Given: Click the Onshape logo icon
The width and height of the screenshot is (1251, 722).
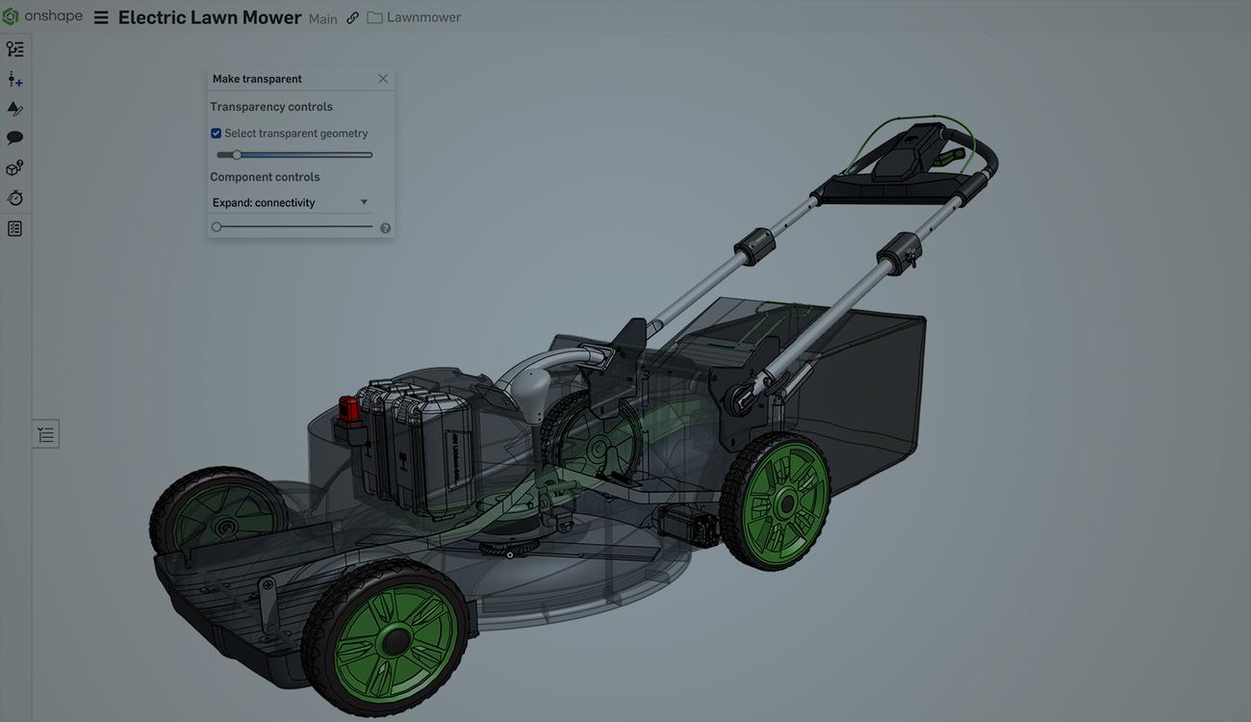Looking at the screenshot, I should point(11,16).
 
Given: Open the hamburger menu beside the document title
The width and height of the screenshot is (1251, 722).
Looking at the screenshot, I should point(100,17).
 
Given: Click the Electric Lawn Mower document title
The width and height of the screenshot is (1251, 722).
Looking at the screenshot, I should point(209,17).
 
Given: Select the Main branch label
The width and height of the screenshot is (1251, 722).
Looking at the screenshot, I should point(322,19).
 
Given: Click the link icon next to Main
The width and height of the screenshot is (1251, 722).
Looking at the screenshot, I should point(352,18).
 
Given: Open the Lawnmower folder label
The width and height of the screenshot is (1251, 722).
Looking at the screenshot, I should point(422,17).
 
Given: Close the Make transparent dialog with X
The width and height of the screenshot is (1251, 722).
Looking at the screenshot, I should point(383,79).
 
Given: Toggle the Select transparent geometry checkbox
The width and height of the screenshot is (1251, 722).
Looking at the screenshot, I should point(217,134).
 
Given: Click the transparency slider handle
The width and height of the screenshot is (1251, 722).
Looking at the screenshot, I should point(237,155).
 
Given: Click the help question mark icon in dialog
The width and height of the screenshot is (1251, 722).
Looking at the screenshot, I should point(385,228).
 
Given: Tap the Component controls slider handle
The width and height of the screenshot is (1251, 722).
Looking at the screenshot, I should point(217,227).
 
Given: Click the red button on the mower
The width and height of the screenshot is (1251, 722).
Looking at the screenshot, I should point(348,410).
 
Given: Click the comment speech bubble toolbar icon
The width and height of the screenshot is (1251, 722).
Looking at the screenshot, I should point(14,138).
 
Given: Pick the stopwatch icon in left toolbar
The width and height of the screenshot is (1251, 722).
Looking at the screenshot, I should point(14,198).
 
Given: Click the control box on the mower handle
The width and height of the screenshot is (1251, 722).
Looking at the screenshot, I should point(909,153).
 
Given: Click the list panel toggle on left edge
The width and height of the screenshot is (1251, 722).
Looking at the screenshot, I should point(45,434).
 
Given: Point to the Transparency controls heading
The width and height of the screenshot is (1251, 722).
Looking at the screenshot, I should point(271,107).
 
